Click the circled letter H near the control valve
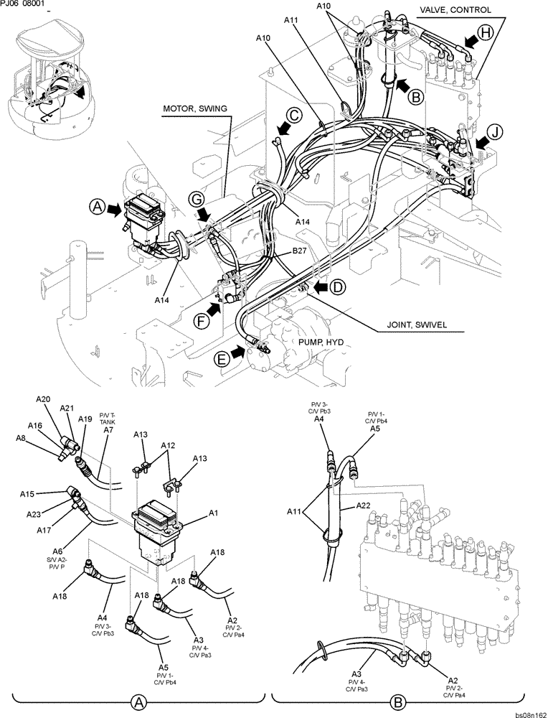[x=486, y=32]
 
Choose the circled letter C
[x=295, y=114]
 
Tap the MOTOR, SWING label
[x=194, y=108]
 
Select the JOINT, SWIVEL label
[x=414, y=325]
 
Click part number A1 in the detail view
[x=213, y=513]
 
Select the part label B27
[x=300, y=251]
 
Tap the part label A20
[x=43, y=399]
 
